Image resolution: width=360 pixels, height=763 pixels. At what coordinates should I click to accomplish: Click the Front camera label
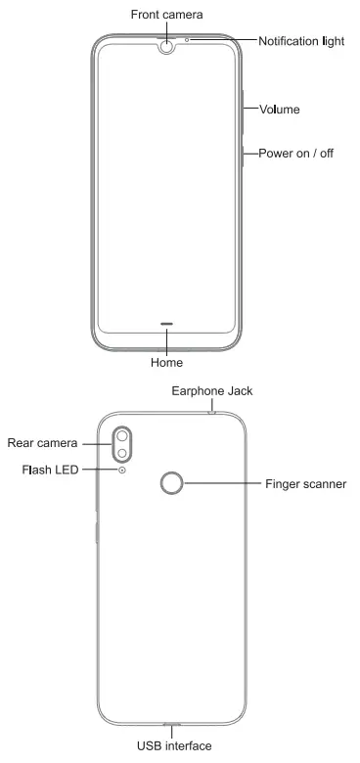[x=168, y=15]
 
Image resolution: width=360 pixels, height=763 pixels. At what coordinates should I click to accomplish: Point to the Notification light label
[x=304, y=41]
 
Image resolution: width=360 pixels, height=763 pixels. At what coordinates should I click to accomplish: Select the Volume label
[x=279, y=110]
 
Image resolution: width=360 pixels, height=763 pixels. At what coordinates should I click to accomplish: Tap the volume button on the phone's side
[x=242, y=110]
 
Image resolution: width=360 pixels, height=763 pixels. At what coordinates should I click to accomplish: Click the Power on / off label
[x=296, y=154]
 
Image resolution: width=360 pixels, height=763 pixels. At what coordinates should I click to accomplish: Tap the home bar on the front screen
[x=167, y=323]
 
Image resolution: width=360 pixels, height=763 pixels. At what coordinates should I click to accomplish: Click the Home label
[x=167, y=363]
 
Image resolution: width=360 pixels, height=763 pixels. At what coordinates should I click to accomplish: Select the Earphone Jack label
[x=212, y=390]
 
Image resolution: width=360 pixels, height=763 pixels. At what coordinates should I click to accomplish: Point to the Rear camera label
[x=42, y=443]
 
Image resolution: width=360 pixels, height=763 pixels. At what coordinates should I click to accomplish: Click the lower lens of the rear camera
[x=123, y=455]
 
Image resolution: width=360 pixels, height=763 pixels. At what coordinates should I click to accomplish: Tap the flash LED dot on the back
[x=122, y=471]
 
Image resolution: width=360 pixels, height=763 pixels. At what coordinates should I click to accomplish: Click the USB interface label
[x=174, y=746]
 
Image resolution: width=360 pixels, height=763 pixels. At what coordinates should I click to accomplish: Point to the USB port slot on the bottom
[x=173, y=725]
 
